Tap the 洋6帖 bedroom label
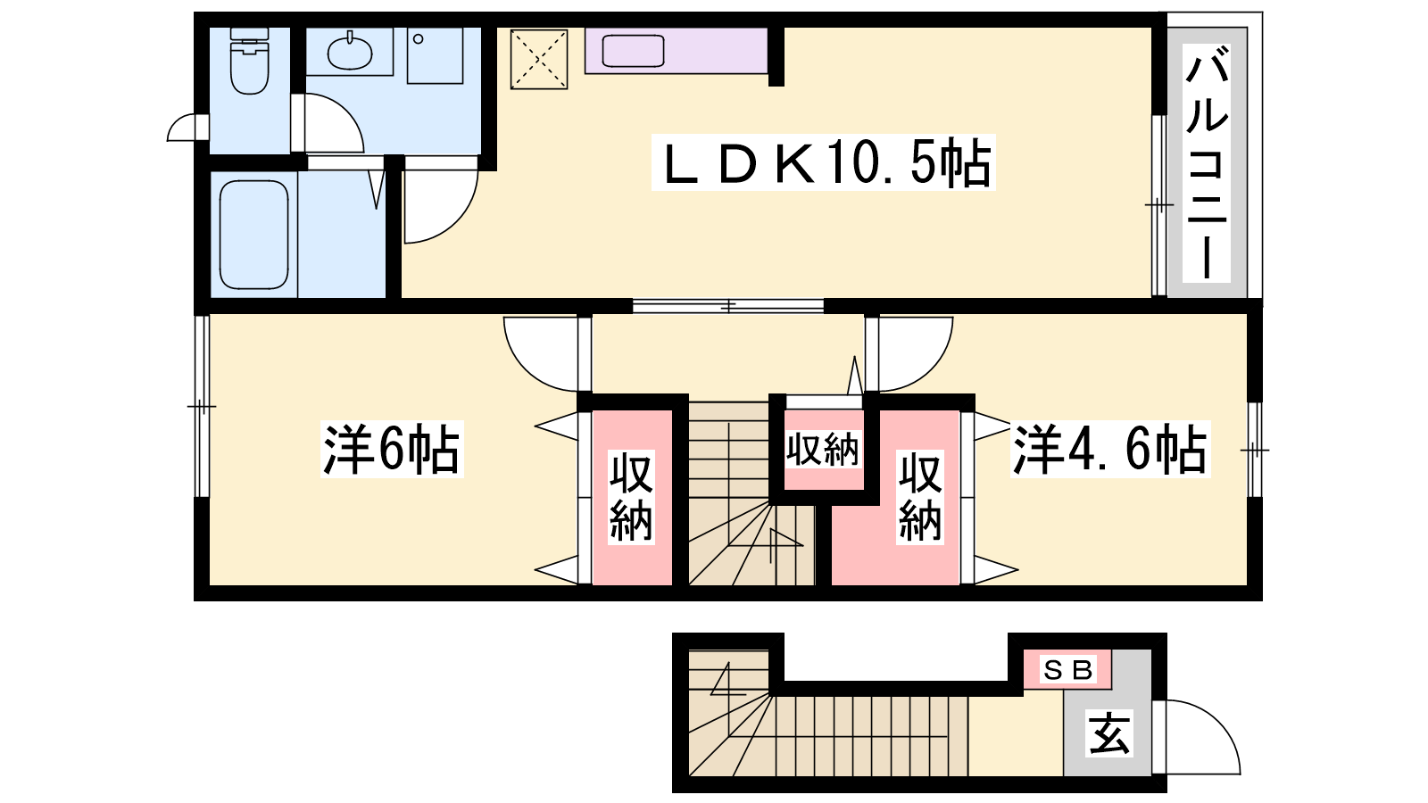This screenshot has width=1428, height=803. (x=392, y=450)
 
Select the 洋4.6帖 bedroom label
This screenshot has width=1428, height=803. (x=1110, y=450)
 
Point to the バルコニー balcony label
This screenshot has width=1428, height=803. (x=1206, y=163)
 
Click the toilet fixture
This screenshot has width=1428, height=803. (x=250, y=61)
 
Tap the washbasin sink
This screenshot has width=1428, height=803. (x=349, y=53)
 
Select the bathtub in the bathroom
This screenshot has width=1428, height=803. (x=253, y=235)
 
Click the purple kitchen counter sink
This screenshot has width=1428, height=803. (x=633, y=51)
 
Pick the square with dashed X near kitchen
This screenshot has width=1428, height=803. (x=539, y=59)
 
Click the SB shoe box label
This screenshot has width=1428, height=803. (x=1067, y=670)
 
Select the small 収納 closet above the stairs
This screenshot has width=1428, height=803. (x=823, y=450)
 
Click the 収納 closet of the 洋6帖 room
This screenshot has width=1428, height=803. (x=632, y=497)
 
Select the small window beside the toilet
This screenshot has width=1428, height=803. (x=188, y=127)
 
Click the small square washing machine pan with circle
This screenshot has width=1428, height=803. (x=435, y=55)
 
